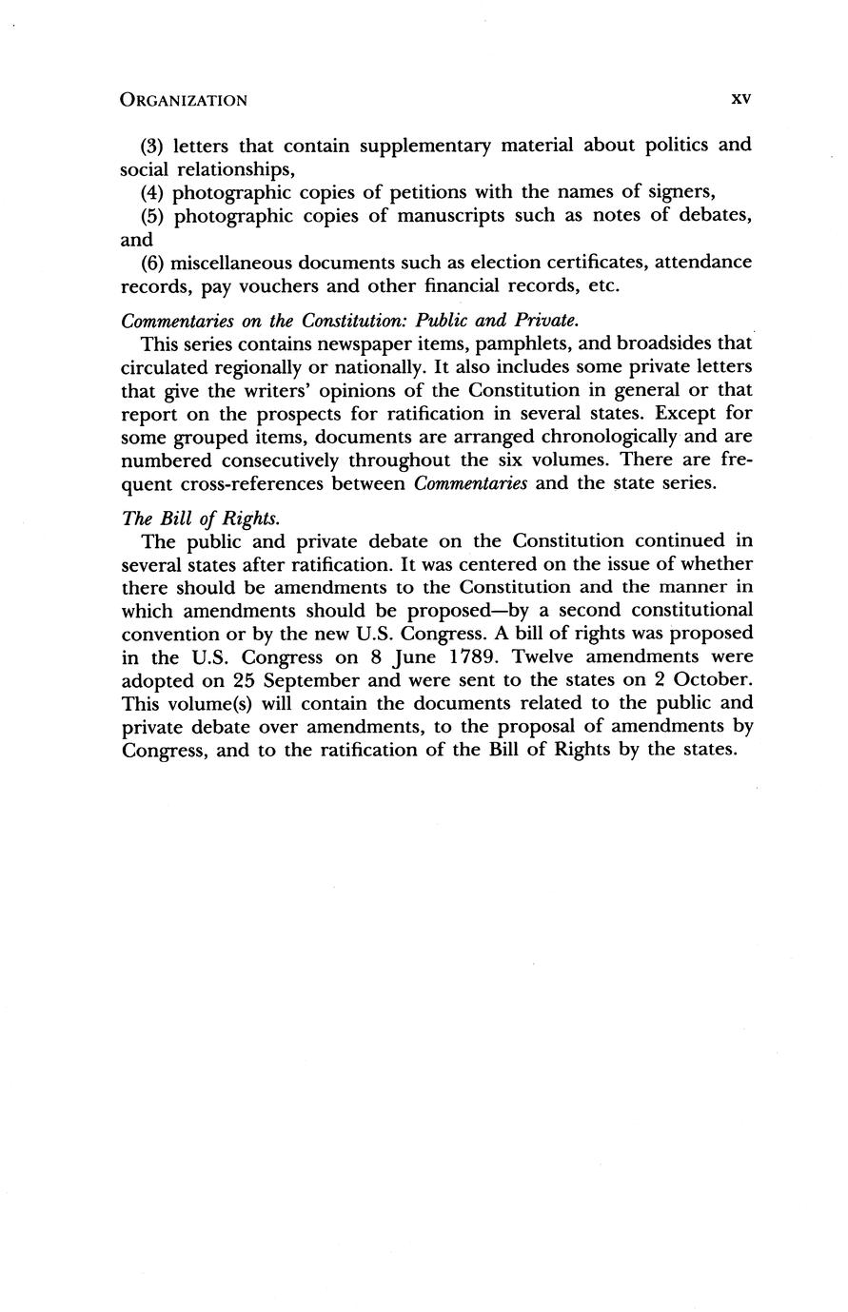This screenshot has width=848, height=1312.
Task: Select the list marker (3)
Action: (153, 146)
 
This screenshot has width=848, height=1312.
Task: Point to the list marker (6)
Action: (153, 262)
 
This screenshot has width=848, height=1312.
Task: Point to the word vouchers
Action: (266, 285)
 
